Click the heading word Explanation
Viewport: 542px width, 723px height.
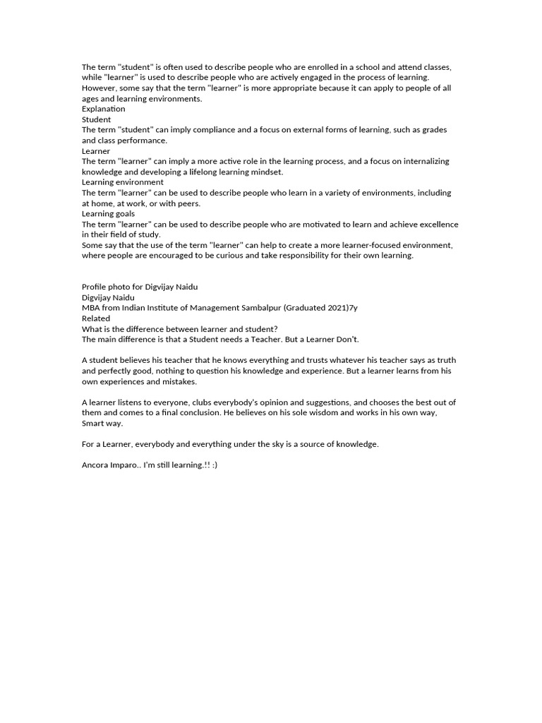pos(104,109)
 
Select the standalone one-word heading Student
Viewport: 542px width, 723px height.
pos(96,120)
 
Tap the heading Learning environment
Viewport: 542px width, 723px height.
pos(123,182)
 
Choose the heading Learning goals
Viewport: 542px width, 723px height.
pos(108,214)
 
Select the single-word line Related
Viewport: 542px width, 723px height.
pos(96,318)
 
